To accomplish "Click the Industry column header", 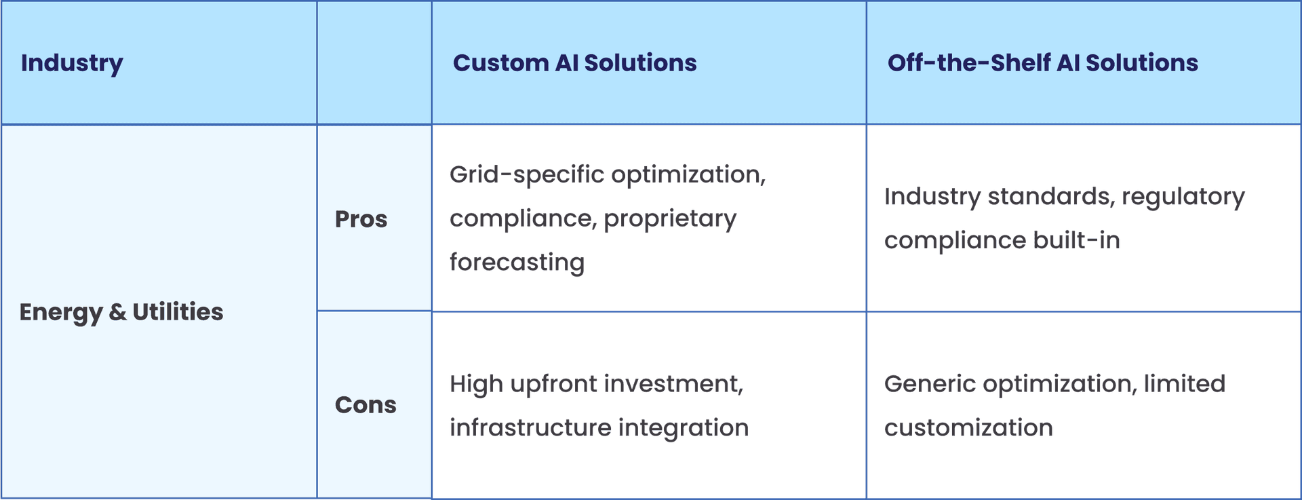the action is click(x=72, y=63).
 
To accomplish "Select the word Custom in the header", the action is click(x=500, y=62).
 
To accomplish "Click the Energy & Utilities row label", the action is click(x=121, y=312).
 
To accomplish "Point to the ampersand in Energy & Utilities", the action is click(x=117, y=312).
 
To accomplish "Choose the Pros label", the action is click(x=361, y=219).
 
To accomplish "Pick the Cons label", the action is click(x=366, y=405).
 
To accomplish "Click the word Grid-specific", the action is click(x=527, y=175).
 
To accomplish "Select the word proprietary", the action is click(x=670, y=219).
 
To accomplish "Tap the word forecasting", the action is click(x=517, y=263).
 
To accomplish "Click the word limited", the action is click(x=1185, y=384).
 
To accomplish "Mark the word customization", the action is click(x=968, y=428).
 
